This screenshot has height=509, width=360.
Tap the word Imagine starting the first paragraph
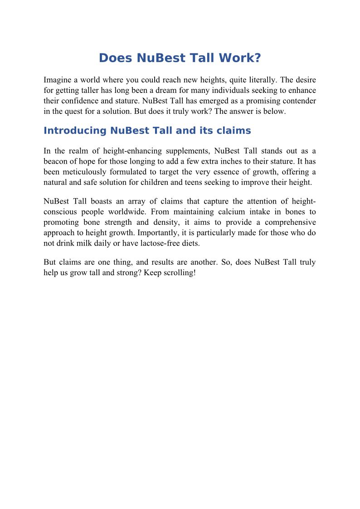coord(58,80)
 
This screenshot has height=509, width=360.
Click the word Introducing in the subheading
coord(75,131)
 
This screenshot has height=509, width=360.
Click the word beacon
coord(55,161)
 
